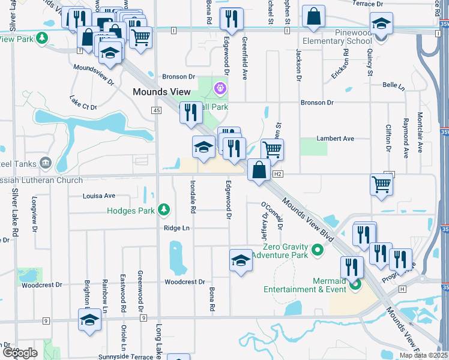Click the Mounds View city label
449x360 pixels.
click(161, 92)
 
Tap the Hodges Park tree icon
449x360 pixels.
click(163, 210)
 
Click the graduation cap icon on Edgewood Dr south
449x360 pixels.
click(241, 260)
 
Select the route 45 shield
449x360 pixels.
click(156, 110)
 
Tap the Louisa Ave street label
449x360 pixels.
click(99, 196)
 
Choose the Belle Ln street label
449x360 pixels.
click(394, 86)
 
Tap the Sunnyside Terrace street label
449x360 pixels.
click(128, 356)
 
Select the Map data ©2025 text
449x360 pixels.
click(423, 356)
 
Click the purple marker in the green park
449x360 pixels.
click(220, 89)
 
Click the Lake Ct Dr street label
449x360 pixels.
click(83, 103)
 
